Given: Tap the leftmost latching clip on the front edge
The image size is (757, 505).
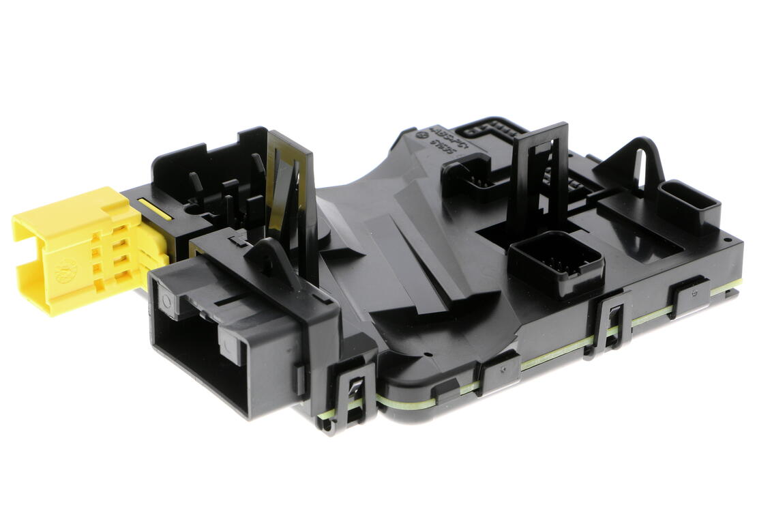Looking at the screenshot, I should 351,396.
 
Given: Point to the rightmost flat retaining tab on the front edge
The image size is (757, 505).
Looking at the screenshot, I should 689,297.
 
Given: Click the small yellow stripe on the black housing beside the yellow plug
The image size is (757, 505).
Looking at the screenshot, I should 155,208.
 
